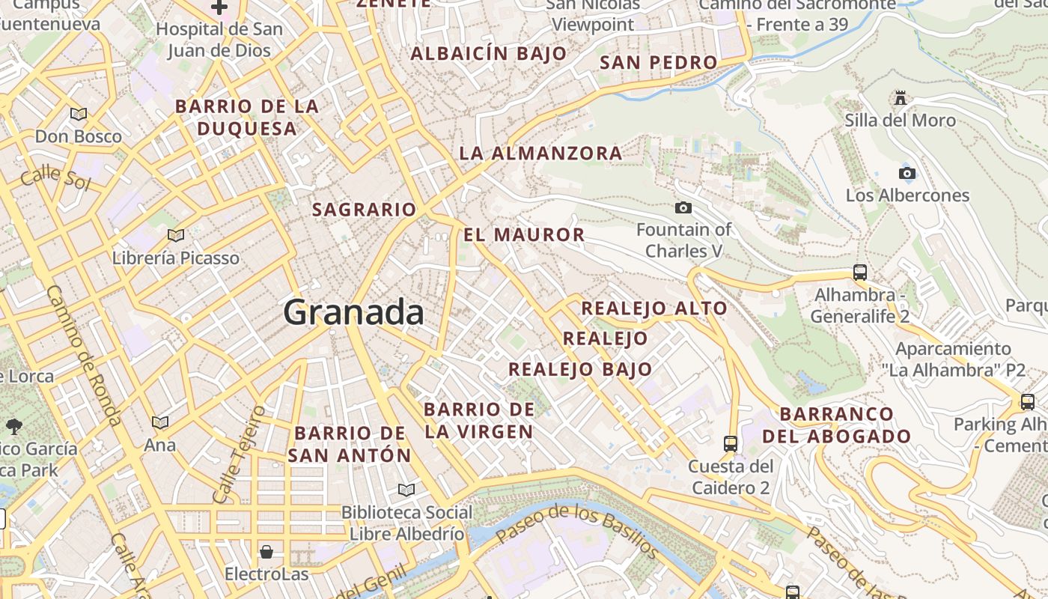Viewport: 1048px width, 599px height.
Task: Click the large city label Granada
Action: [x=353, y=311]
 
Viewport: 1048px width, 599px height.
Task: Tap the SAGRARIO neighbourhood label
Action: [x=364, y=210]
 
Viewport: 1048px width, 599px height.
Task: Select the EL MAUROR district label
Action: [x=524, y=235]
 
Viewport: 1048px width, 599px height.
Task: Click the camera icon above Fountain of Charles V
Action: [x=683, y=207]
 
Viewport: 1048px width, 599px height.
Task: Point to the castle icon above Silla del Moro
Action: [x=901, y=98]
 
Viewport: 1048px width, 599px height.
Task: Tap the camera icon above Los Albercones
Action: [x=907, y=174]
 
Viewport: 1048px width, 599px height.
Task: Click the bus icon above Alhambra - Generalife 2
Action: [x=860, y=273]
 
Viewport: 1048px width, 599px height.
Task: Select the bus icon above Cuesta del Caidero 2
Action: [x=731, y=443]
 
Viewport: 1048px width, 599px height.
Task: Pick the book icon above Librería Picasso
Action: [x=176, y=235]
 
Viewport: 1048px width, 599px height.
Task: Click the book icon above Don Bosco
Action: [x=79, y=114]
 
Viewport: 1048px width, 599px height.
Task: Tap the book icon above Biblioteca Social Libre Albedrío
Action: [x=406, y=490]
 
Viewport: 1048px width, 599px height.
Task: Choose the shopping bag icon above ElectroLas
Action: [x=266, y=553]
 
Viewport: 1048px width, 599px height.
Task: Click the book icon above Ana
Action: [x=160, y=422]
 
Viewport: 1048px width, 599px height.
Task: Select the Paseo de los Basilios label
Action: [x=577, y=530]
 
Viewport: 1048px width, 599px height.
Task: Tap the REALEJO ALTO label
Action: [x=654, y=308]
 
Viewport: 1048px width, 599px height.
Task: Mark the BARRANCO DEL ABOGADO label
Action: [x=837, y=425]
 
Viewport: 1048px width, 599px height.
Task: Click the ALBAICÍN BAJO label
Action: [x=489, y=54]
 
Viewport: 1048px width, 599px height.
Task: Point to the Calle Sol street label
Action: [x=55, y=179]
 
